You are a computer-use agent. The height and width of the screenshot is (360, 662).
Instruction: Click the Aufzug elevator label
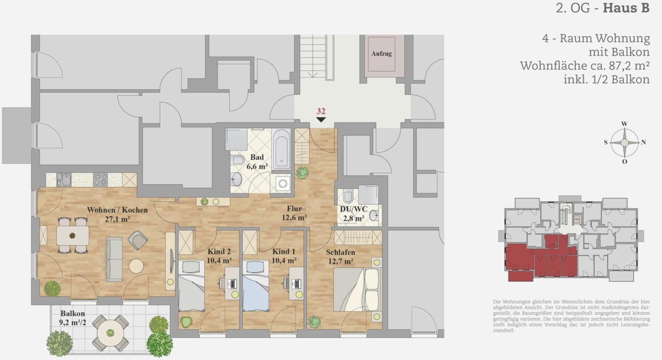[x=381, y=54]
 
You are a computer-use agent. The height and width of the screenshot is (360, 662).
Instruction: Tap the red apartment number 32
[x=321, y=111]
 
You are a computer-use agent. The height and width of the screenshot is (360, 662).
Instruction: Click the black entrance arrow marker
[x=321, y=120]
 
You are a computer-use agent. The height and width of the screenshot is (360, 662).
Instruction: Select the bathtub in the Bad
[x=281, y=149]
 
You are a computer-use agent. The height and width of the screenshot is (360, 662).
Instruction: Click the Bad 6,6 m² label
[x=257, y=162]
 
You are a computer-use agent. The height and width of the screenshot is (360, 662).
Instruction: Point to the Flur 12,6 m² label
[x=294, y=213]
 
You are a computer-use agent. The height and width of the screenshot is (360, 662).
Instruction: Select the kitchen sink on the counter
[x=64, y=179]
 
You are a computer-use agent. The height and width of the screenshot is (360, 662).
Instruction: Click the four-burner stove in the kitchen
[x=100, y=180]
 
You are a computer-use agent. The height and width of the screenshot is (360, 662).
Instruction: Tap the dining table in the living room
[x=73, y=236]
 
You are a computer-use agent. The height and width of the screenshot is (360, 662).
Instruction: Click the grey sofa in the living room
[x=114, y=259]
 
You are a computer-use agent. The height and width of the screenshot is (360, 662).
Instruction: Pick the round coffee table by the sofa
[x=136, y=266]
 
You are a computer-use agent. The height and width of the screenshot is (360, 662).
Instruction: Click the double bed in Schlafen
[x=356, y=290]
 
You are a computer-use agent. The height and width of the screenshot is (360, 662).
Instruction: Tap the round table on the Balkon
[x=110, y=333]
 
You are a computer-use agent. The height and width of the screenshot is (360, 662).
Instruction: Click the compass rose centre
[x=624, y=143]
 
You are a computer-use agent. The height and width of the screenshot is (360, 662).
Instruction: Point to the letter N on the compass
[x=643, y=142]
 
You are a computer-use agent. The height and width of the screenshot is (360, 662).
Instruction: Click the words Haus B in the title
[x=626, y=8]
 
